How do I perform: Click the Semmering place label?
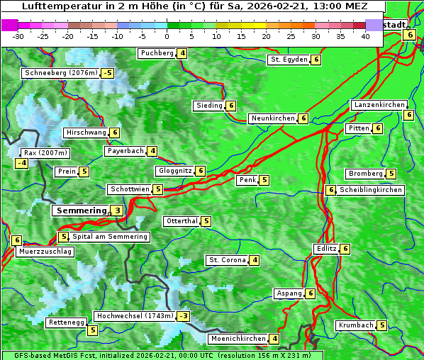(80, 210)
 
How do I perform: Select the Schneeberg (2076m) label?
(60, 73)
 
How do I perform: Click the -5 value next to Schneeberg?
(107, 73)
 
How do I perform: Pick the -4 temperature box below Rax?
(21, 163)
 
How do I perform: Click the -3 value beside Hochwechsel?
(184, 316)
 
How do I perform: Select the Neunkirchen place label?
(273, 118)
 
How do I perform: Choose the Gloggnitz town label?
(174, 171)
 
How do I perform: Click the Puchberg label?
(157, 53)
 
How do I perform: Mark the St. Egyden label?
(289, 60)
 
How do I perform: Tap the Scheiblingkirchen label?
(371, 190)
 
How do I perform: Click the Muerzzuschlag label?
(46, 252)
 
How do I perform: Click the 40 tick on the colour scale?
(365, 36)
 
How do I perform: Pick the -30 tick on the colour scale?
(18, 36)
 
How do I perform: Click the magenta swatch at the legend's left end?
(10, 25)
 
